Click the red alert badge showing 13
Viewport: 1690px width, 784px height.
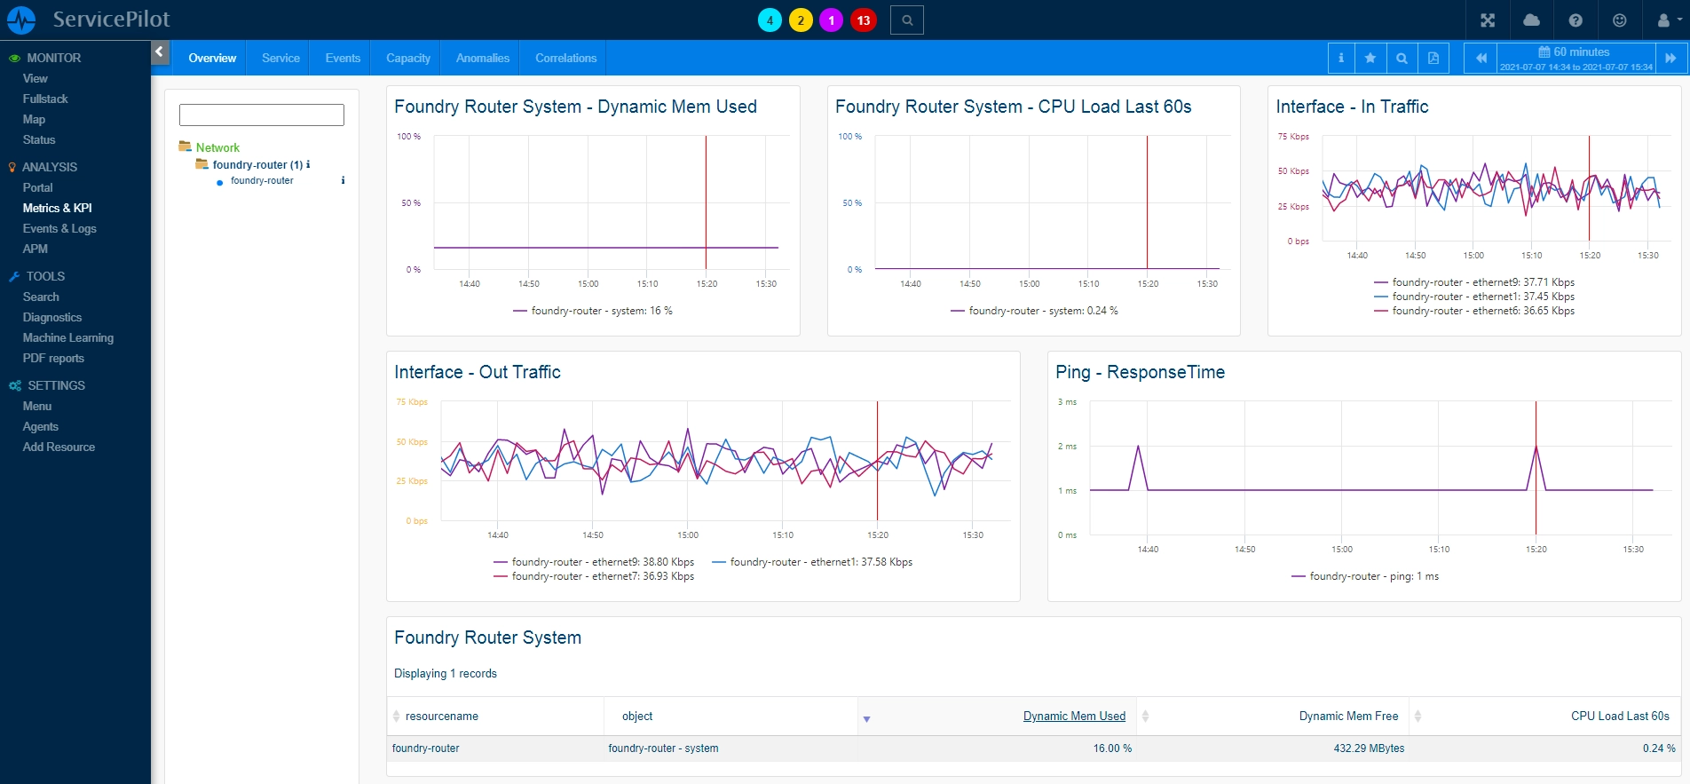pyautogui.click(x=864, y=20)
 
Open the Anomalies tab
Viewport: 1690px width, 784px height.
pyautogui.click(x=483, y=58)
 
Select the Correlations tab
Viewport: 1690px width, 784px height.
pyautogui.click(x=565, y=58)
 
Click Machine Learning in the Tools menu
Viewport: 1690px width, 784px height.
pyautogui.click(x=68, y=337)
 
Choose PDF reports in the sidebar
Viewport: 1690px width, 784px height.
pyautogui.click(x=53, y=358)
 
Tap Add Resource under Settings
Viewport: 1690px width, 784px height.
pyautogui.click(x=59, y=447)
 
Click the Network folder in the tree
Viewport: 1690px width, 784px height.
pyautogui.click(x=217, y=147)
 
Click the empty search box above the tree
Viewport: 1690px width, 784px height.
pyautogui.click(x=262, y=115)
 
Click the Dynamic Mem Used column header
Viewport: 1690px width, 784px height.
pyautogui.click(x=1074, y=716)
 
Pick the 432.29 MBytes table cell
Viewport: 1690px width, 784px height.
pyautogui.click(x=1369, y=748)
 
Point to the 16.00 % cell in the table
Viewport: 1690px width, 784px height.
pyautogui.click(x=1112, y=748)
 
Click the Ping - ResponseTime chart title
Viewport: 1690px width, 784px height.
pyautogui.click(x=1140, y=372)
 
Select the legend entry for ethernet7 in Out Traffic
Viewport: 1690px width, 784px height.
pyautogui.click(x=594, y=576)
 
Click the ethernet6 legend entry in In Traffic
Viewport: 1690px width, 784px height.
pyautogui.click(x=1474, y=311)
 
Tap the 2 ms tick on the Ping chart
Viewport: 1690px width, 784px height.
pyautogui.click(x=1067, y=447)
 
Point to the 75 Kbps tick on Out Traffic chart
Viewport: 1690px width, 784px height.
pyautogui.click(x=412, y=402)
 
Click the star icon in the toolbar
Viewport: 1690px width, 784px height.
pyautogui.click(x=1370, y=58)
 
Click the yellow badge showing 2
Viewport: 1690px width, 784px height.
pyautogui.click(x=801, y=20)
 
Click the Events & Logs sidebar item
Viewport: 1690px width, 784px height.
pyautogui.click(x=59, y=228)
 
